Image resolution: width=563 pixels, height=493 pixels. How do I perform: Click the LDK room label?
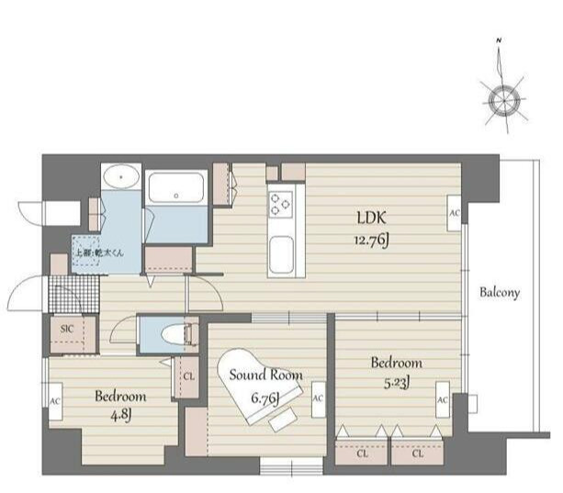(x=375, y=218)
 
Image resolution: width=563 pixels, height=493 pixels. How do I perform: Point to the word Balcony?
(x=500, y=294)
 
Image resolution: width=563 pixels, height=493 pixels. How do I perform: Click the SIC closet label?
(x=66, y=327)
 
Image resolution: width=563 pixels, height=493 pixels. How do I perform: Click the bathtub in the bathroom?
(x=177, y=191)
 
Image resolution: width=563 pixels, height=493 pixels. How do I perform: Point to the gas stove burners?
(x=279, y=202)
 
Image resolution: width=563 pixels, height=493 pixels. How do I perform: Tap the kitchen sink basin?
(x=280, y=249)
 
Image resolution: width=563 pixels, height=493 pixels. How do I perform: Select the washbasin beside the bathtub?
(x=120, y=178)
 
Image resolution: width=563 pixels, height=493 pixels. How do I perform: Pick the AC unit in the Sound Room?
(x=317, y=398)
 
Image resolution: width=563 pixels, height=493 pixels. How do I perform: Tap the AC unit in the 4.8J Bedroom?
(x=56, y=401)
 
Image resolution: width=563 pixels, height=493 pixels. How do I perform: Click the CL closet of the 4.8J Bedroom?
(x=187, y=375)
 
